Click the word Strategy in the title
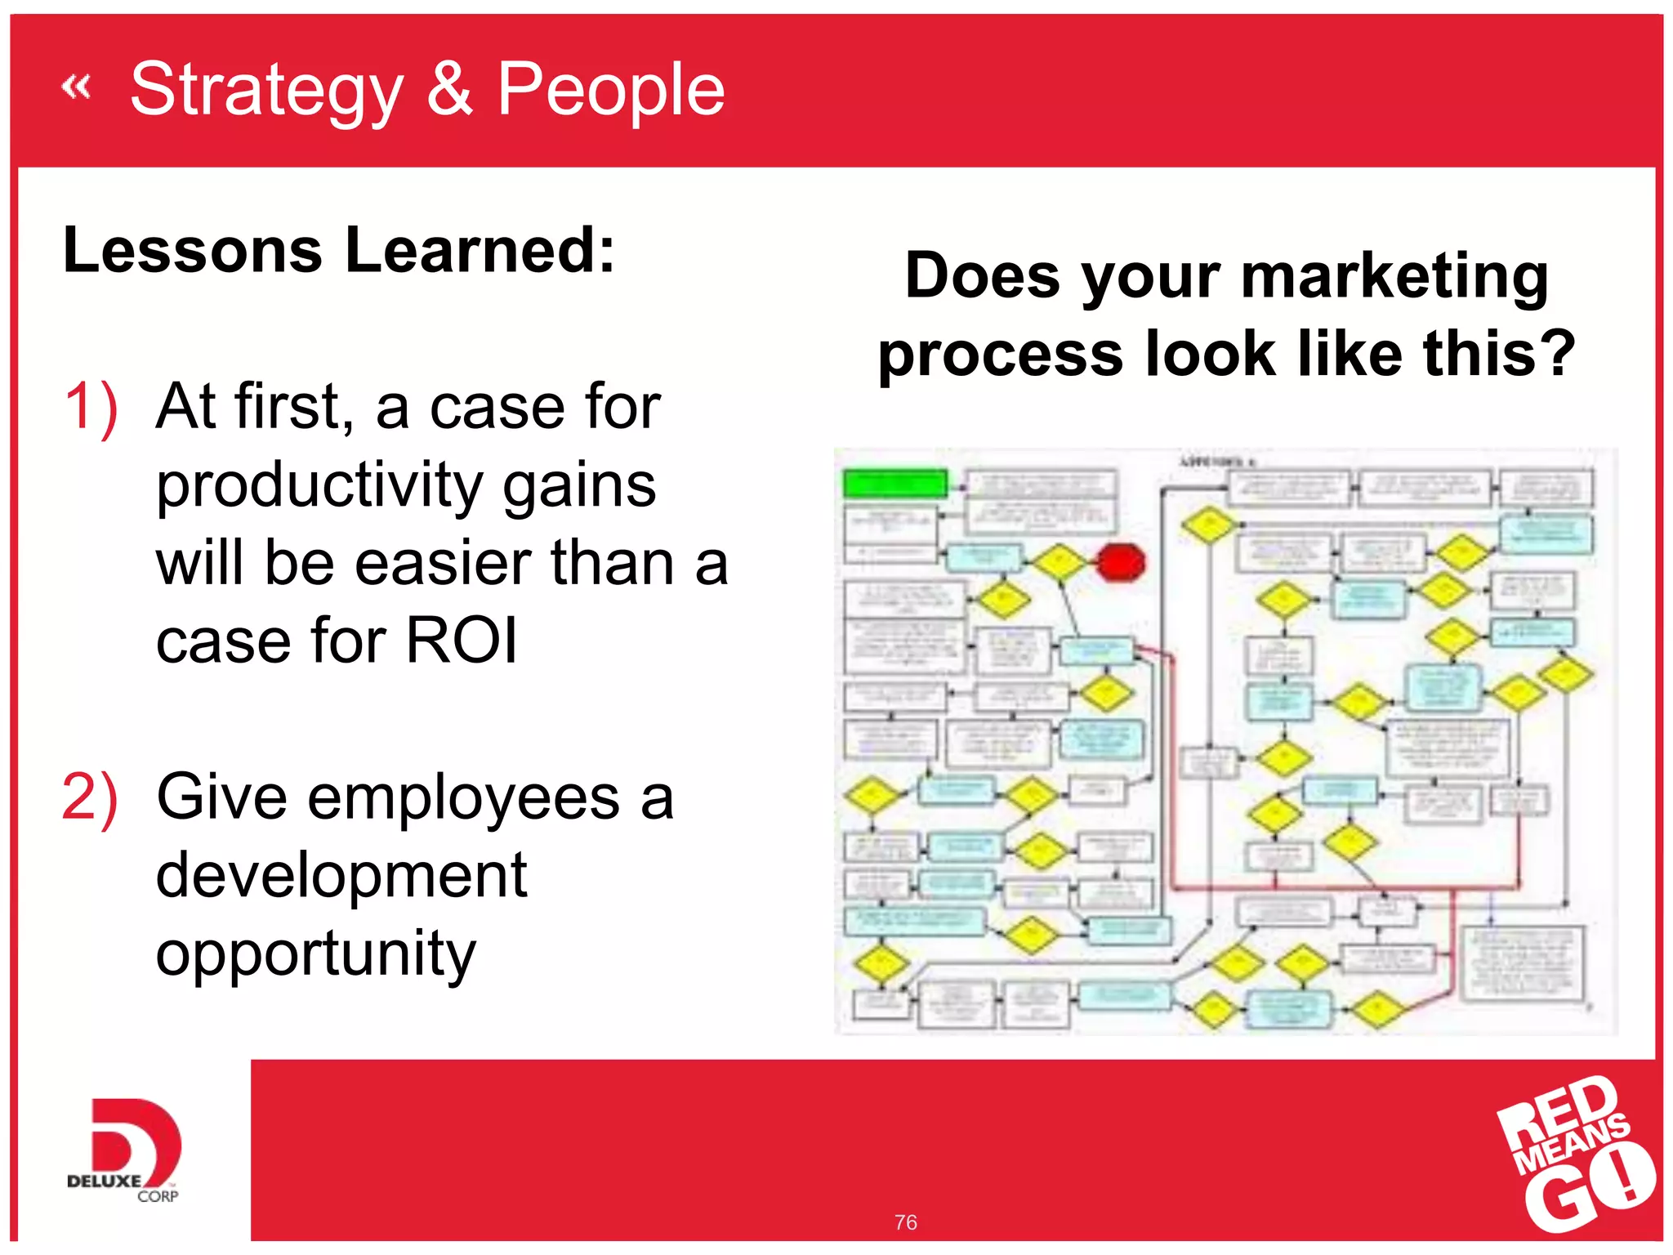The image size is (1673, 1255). pos(266,92)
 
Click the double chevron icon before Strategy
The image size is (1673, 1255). pos(76,86)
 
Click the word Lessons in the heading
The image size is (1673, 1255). pos(193,250)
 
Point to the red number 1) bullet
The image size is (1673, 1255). pos(91,406)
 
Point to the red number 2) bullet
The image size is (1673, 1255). pos(90,797)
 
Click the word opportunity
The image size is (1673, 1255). pos(315,954)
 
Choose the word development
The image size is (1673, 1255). pos(341,875)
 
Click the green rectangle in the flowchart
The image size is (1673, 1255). pos(895,484)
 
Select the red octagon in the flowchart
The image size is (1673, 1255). pos(1120,563)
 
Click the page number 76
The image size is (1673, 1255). pos(905,1222)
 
